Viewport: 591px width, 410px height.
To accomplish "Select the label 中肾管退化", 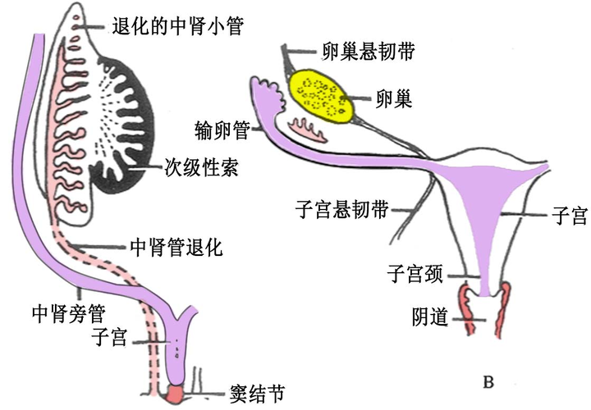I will tap(176, 245).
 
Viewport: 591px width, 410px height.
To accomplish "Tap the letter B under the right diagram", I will tap(489, 380).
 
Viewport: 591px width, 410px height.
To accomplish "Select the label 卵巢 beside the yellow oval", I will tap(392, 99).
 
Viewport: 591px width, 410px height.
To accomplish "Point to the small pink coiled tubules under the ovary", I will tap(305, 126).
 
